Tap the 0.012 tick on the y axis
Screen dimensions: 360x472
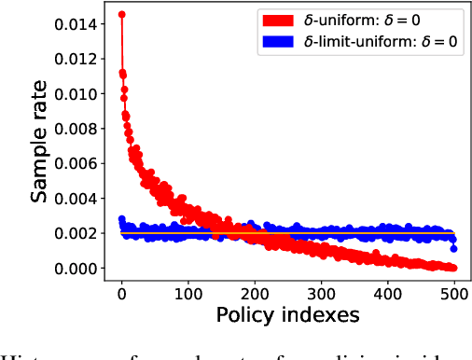(x=76, y=59)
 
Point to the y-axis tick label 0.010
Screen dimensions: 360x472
(x=76, y=94)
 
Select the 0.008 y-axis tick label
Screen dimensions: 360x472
(x=76, y=129)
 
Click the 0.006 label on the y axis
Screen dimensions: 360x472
(x=76, y=164)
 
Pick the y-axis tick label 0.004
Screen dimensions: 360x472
(x=76, y=199)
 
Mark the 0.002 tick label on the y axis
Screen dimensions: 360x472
(x=76, y=233)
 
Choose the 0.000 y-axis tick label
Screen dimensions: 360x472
(x=76, y=269)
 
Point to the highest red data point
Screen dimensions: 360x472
(x=122, y=15)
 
